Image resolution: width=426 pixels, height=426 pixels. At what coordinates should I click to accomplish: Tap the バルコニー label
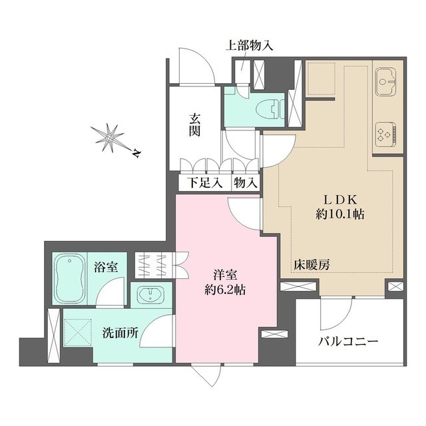pos(347,341)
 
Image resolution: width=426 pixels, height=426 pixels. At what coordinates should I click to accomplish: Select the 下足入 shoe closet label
pos(204,182)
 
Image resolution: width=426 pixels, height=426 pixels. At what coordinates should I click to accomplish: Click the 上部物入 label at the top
pos(249,46)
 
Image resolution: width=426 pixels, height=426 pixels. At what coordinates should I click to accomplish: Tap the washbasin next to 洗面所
pos(152,294)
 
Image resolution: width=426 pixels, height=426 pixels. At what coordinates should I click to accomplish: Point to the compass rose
pos(108,137)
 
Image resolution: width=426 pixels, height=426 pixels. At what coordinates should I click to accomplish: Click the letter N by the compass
pos(135,154)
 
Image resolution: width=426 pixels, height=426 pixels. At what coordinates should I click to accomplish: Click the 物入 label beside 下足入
pos(244,182)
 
